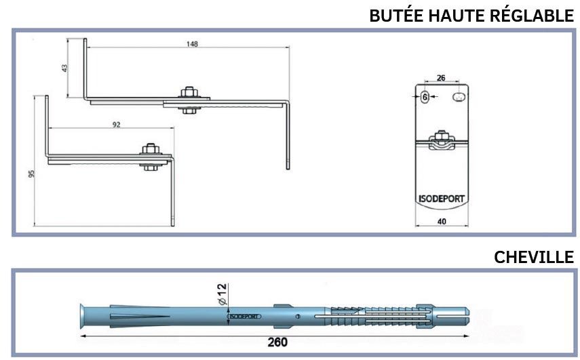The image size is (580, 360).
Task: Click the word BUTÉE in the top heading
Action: point(397,16)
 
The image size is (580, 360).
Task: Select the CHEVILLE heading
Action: point(534,257)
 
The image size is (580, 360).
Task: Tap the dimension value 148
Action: point(192,44)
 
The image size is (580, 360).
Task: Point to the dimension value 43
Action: point(64,68)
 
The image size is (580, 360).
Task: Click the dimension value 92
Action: point(117,125)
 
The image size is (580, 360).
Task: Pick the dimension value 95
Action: point(31,174)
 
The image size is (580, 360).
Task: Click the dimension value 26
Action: point(441,78)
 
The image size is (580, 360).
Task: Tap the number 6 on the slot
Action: point(425,97)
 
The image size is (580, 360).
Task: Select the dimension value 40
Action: point(442,222)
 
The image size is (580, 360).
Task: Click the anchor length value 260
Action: point(277,342)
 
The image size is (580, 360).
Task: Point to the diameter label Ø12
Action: point(222,294)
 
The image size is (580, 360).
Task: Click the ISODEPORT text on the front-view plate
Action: point(442,199)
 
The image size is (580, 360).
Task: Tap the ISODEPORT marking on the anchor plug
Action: point(244,317)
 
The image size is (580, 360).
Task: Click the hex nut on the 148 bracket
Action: point(189,92)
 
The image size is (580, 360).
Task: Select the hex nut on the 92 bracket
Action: point(151,149)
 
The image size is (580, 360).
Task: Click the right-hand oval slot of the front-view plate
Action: point(459,97)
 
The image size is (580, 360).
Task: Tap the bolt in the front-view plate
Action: point(440,140)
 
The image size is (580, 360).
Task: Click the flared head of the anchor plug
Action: point(83,317)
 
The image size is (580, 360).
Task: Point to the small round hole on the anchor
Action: point(297,317)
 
